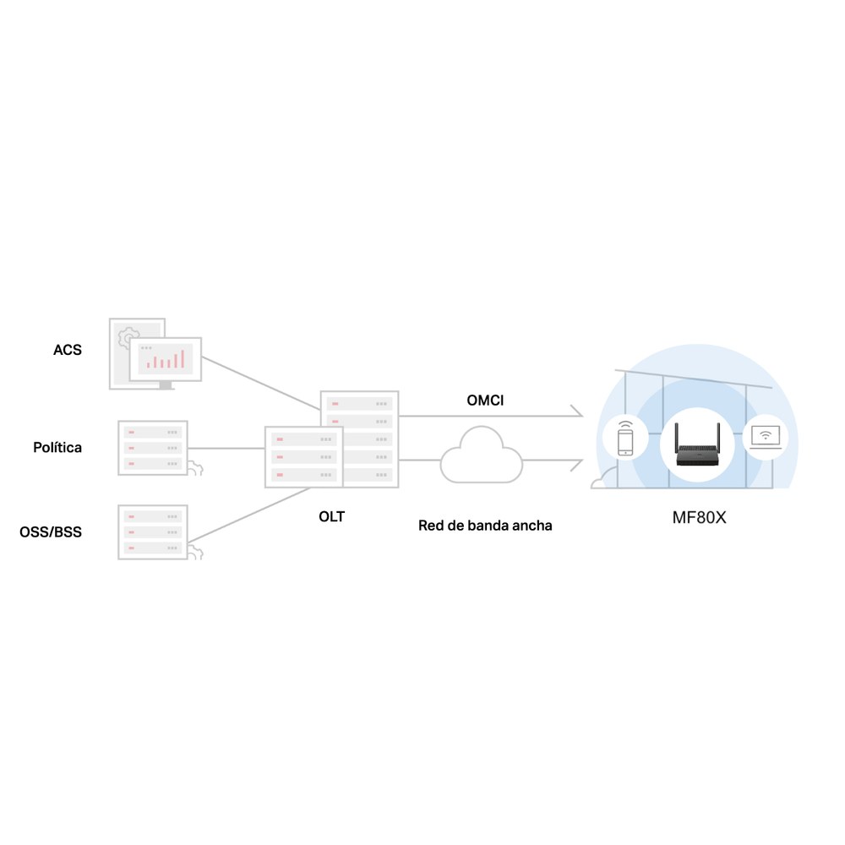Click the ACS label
[x=68, y=350]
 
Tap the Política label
[x=57, y=447]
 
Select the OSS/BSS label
[x=51, y=532]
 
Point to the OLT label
[x=331, y=516]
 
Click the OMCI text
[x=485, y=401]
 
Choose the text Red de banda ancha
[x=485, y=526]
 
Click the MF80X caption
[x=699, y=518]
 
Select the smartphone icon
[x=625, y=439]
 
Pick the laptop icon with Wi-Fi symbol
[x=766, y=437]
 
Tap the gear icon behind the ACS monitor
[x=128, y=338]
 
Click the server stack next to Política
[x=152, y=448]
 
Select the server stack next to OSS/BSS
[x=152, y=532]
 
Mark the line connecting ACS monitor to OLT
[x=261, y=383]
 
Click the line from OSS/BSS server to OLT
[x=248, y=515]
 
